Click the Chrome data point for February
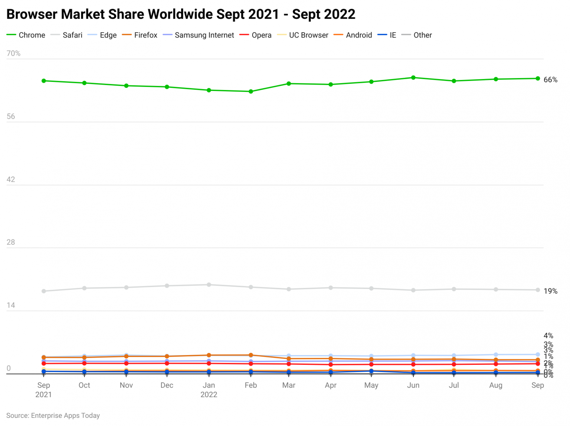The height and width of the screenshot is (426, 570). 251,92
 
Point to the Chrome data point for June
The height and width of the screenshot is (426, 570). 413,78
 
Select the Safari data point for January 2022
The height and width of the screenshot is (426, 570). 209,285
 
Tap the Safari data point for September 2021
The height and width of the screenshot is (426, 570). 44,291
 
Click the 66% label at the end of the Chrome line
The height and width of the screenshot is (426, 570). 550,80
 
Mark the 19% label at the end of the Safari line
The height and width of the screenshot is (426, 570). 550,291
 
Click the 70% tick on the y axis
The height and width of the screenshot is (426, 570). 13,53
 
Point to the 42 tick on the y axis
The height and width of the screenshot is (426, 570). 11,179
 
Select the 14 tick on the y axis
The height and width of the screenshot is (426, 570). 11,306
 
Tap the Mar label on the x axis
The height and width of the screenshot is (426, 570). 289,385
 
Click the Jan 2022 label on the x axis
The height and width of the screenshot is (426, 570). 209,390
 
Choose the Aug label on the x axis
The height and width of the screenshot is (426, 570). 495,385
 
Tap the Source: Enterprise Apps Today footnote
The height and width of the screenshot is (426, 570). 53,416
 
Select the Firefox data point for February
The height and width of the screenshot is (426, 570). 251,355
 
